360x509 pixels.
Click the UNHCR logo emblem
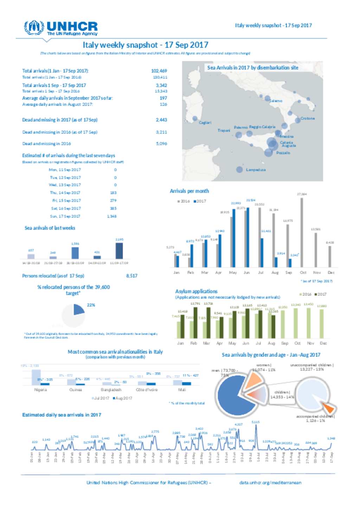pos(34,27)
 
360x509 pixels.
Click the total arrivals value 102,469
pos(159,71)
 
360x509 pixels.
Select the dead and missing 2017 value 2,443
pos(161,120)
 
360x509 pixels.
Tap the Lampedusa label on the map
pos(256,170)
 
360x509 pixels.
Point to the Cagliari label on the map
pos(205,123)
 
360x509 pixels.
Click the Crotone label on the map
pos(307,118)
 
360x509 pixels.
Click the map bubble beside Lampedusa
pos(239,170)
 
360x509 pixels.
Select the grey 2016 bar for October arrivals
pos(302,232)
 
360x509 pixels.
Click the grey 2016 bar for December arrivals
pos(330,256)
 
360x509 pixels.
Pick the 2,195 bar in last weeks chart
pos(119,250)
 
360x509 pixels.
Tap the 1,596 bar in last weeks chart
pos(75,253)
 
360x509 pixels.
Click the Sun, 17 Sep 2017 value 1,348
pos(112,216)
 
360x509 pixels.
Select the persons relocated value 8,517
pos(132,276)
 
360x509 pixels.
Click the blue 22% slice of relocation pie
pos(78,309)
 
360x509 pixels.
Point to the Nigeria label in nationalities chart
pos(40,390)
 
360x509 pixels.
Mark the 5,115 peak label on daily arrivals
pos(256,422)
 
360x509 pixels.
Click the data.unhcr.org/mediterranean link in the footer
pos(270,483)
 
